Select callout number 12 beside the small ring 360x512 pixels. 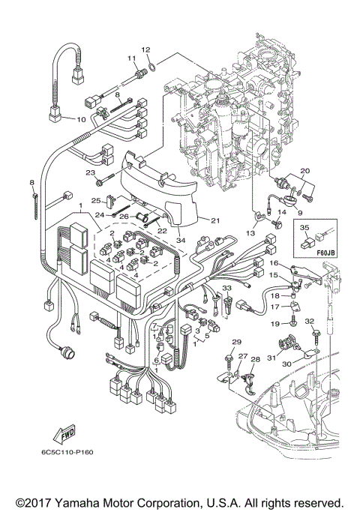point(147,50)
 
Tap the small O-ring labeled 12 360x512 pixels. point(151,67)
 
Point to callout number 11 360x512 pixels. point(131,58)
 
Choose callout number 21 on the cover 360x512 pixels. point(214,220)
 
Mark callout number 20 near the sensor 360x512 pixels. point(304,172)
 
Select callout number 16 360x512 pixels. point(274,264)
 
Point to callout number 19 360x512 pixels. point(274,322)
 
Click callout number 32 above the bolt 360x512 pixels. point(308,320)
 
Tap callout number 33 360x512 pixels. point(226,288)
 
